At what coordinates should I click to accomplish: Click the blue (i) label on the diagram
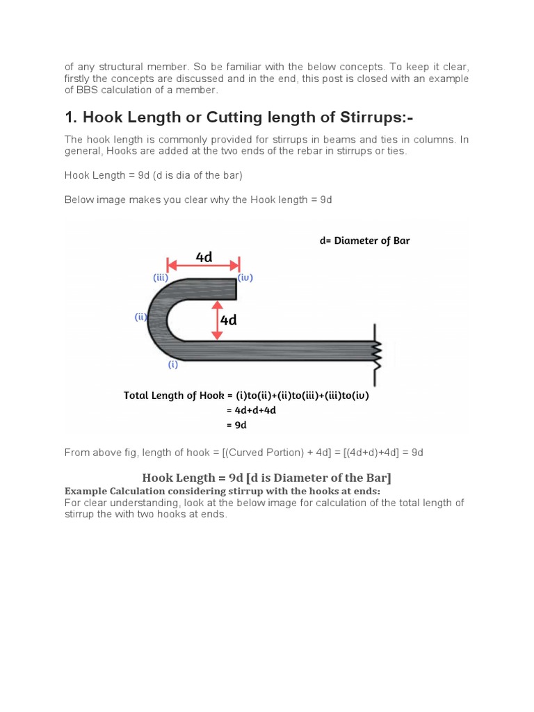tap(173, 364)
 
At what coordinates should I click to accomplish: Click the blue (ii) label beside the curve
tap(141, 317)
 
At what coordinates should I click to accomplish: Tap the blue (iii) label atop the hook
tap(161, 277)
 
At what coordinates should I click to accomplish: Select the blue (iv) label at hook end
tap(245, 277)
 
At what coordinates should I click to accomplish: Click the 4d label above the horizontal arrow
tap(204, 257)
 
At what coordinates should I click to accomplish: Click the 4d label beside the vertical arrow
tap(229, 320)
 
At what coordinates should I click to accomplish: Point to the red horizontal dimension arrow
tap(204, 265)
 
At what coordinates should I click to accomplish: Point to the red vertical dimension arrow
tap(217, 320)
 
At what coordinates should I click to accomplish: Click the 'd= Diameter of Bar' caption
tap(364, 241)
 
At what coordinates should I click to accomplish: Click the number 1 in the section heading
tap(70, 117)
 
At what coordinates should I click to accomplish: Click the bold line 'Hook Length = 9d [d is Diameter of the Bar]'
tap(266, 478)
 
